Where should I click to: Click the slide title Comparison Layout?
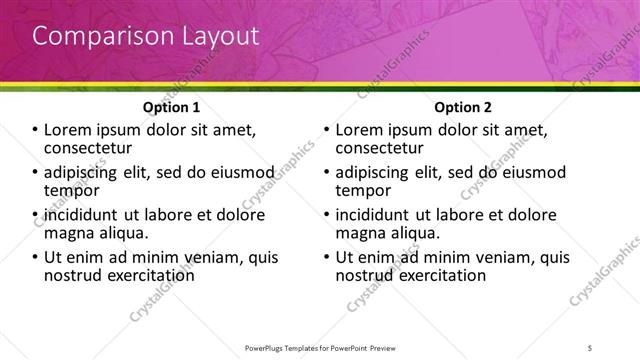tap(145, 36)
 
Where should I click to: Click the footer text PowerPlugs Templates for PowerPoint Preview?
tap(320, 347)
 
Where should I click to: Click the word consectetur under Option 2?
tap(378, 148)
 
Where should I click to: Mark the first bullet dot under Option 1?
tap(36, 131)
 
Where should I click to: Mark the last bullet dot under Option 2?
tap(326, 257)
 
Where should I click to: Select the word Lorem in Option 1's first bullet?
tap(67, 130)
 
